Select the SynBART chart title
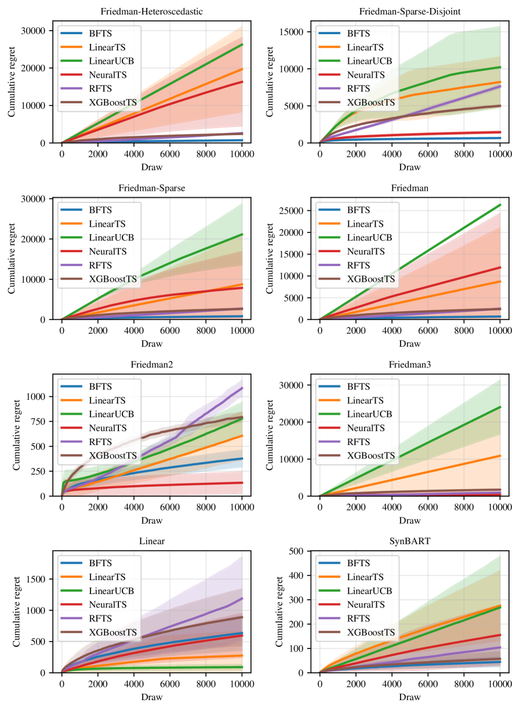click(409, 541)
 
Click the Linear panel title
click(152, 541)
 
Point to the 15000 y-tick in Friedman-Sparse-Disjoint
click(301, 31)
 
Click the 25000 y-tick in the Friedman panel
click(301, 210)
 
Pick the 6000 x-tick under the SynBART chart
click(428, 683)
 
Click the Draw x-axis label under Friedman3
click(409, 520)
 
